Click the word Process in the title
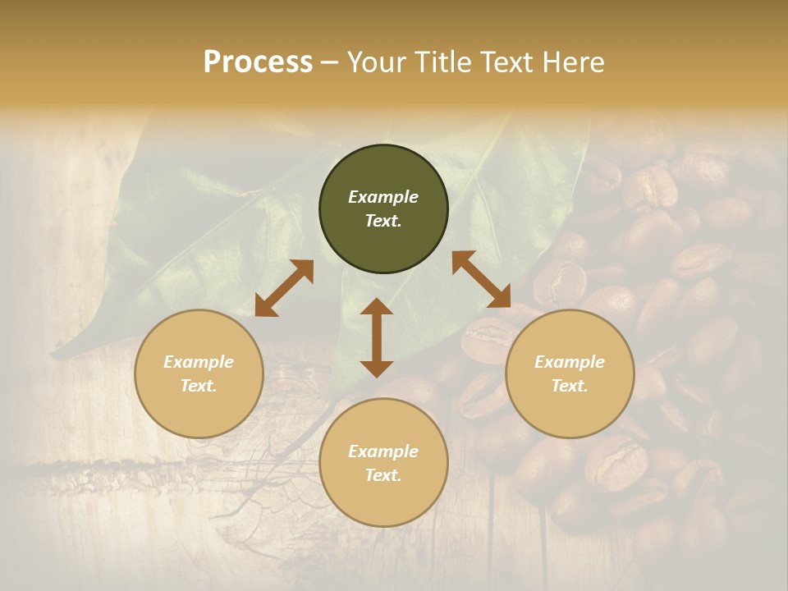point(258,62)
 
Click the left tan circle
point(199,373)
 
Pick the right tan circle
point(570,373)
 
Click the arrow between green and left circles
point(284,288)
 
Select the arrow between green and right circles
point(481,279)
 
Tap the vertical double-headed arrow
point(377,337)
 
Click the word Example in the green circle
point(383,197)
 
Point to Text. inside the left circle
point(199,386)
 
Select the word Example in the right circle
point(570,362)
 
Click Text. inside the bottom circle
point(383,475)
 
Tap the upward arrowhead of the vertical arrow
point(377,307)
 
